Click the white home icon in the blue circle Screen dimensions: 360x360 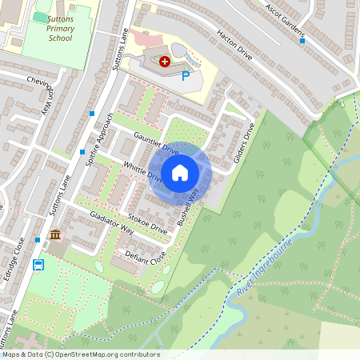click(x=180, y=172)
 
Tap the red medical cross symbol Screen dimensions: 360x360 click(x=165, y=61)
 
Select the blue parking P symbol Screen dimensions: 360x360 click(x=186, y=76)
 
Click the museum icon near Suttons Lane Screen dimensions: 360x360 click(x=55, y=235)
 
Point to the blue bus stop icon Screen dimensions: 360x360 click(x=38, y=265)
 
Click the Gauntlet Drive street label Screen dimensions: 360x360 click(x=157, y=143)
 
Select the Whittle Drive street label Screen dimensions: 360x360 click(x=144, y=171)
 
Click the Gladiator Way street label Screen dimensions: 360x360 click(x=111, y=223)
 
